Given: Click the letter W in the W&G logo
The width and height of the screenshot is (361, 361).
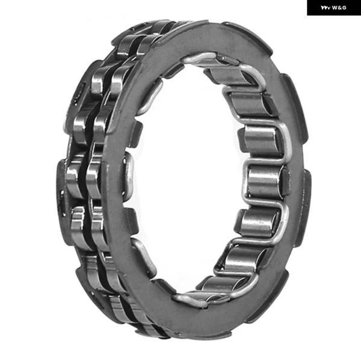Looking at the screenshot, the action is [335, 8].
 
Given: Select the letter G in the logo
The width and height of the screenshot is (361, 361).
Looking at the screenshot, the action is [344, 8].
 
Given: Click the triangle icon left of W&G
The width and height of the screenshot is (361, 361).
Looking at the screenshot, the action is [326, 8].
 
